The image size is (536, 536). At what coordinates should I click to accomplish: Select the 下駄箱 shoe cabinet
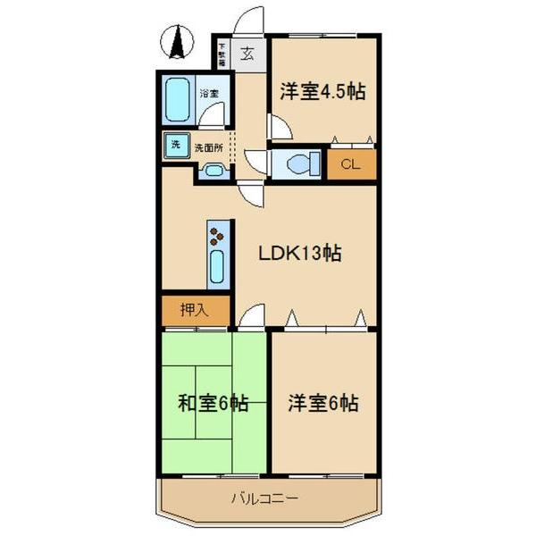pyautogui.click(x=222, y=53)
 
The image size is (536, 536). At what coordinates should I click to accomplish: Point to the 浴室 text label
pyautogui.click(x=209, y=92)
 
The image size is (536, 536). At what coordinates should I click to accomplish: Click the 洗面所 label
pyautogui.click(x=208, y=146)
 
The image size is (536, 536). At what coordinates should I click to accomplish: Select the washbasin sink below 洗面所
pyautogui.click(x=214, y=171)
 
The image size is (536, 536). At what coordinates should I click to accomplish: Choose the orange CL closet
pyautogui.click(x=350, y=164)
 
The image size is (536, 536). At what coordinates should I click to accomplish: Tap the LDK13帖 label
pyautogui.click(x=299, y=253)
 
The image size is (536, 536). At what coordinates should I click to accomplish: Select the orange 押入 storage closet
pyautogui.click(x=196, y=311)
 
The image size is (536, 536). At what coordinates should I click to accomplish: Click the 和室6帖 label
pyautogui.click(x=213, y=403)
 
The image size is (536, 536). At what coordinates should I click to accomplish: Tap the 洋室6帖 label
pyautogui.click(x=323, y=403)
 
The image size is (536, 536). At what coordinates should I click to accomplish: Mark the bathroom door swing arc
pyautogui.click(x=213, y=114)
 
